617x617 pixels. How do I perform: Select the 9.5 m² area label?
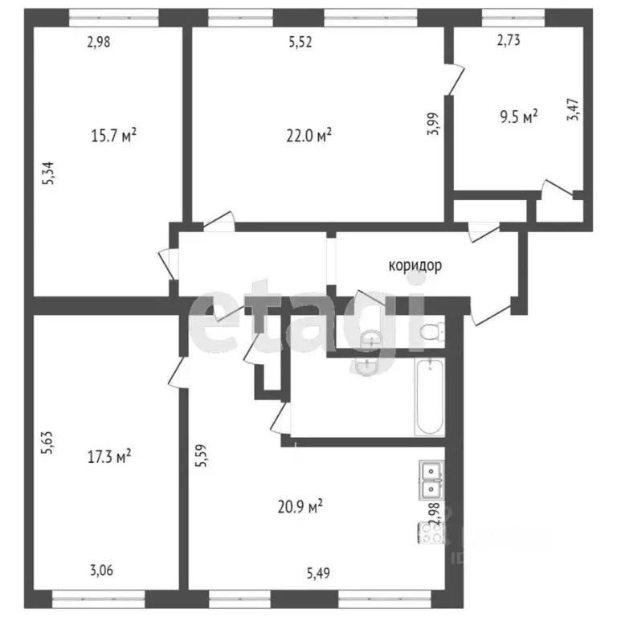coord(518,116)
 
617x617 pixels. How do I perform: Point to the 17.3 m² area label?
coord(109,456)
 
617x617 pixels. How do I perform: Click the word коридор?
coord(415,266)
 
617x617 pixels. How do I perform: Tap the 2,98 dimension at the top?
coord(98,43)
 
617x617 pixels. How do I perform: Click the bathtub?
coord(429,396)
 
